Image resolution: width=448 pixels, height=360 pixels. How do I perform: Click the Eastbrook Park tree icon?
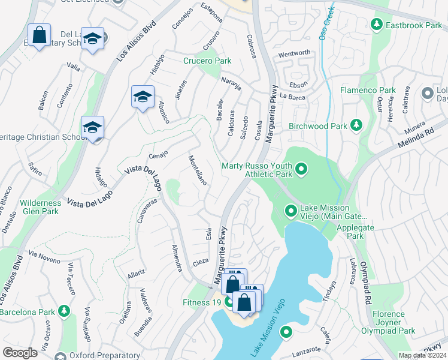tap(376, 25)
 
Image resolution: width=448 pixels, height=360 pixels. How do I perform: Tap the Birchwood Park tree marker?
tap(356, 125)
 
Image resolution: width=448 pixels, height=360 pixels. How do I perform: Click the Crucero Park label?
tap(207, 61)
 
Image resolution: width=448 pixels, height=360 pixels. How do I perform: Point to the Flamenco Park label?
tap(368, 90)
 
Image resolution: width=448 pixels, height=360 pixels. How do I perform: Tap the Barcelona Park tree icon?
tap(63, 311)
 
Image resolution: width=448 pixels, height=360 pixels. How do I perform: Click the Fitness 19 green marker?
tap(229, 302)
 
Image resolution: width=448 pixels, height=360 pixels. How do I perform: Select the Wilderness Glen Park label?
tap(40, 207)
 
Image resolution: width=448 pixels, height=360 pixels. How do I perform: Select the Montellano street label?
tap(197, 170)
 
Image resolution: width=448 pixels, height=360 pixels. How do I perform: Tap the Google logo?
tap(20, 353)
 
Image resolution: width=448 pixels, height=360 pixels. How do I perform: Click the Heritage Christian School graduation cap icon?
tap(92, 128)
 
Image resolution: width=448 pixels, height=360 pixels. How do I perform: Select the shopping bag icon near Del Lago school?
tap(39, 35)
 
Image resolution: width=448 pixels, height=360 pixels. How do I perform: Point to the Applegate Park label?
tap(350, 232)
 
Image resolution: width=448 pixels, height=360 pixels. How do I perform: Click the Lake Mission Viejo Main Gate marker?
tap(290, 211)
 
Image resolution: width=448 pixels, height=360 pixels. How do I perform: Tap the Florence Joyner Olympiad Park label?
tap(388, 322)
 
